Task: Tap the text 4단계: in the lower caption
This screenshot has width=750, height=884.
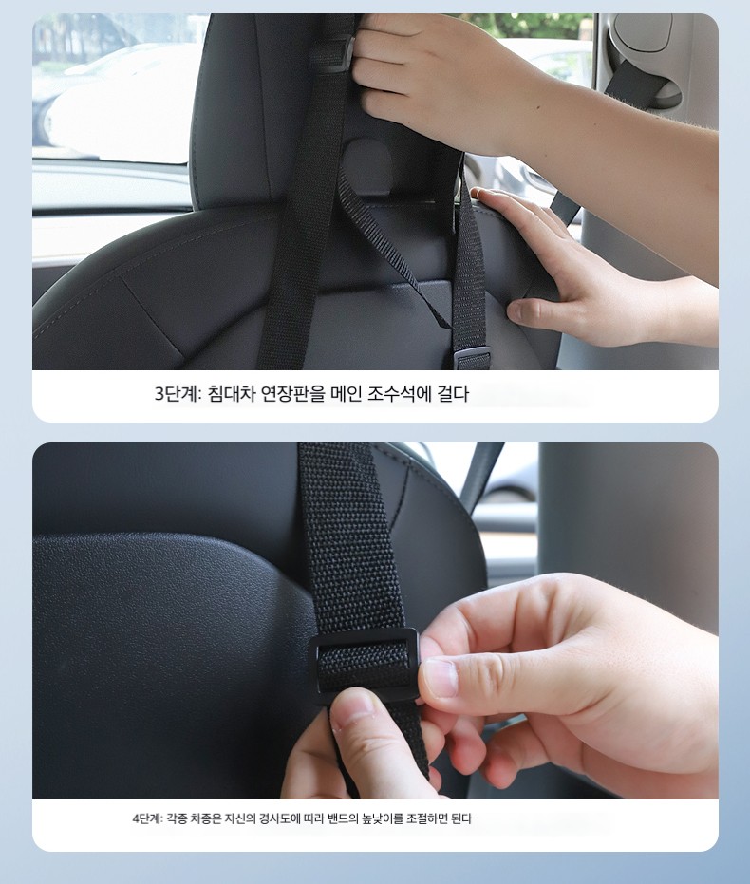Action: [x=147, y=818]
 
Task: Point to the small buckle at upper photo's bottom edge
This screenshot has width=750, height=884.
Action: [x=472, y=359]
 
